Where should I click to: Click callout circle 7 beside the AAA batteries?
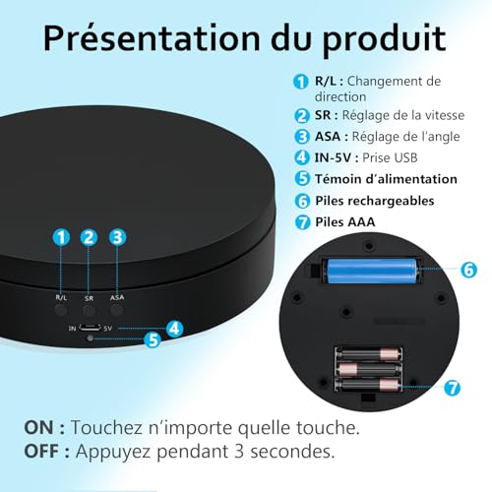(x=453, y=388)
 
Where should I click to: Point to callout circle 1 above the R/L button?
(x=61, y=237)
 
